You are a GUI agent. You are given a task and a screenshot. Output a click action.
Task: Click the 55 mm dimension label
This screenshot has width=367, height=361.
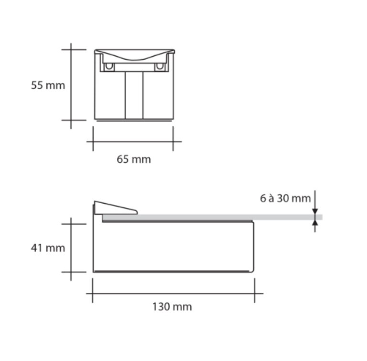point(48,85)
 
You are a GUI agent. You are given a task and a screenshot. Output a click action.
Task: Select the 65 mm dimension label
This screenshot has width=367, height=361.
point(134,159)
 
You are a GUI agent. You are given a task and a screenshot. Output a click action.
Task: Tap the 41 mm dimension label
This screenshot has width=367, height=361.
point(48,248)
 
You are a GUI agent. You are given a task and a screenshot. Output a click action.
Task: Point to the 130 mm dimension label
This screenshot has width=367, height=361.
point(172,307)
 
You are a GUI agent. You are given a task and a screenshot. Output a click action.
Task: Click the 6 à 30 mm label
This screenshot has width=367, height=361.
point(285,198)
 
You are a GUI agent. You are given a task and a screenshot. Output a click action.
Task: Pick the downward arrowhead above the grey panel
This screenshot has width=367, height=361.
point(315,211)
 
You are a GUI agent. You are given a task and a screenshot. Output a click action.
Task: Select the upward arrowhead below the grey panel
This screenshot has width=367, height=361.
point(315,223)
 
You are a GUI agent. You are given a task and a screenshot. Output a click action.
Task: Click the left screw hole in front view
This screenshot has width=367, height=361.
point(109,66)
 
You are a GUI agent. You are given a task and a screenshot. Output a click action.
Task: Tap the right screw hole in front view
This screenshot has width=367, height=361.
point(160,66)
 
